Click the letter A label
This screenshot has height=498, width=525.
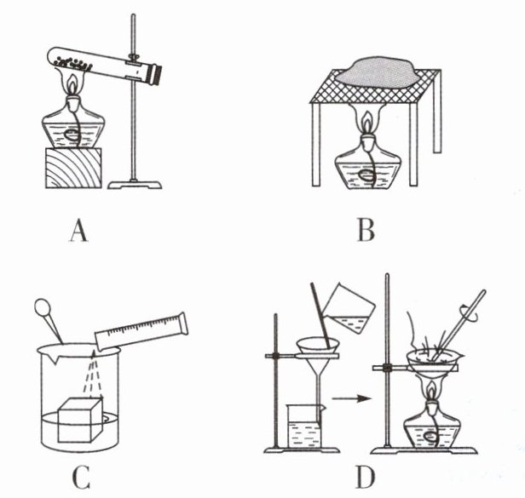tap(78, 231)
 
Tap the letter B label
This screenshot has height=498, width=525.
tap(366, 231)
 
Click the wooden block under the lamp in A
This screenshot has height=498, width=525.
tap(73, 169)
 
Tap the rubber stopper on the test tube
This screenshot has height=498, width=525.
tap(156, 75)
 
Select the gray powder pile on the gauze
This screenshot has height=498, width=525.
tap(376, 72)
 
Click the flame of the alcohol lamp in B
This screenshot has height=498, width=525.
tap(367, 122)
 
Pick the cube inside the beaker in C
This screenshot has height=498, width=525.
tap(80, 420)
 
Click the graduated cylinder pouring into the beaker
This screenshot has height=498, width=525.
tap(141, 332)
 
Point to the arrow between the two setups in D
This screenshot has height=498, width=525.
tap(352, 398)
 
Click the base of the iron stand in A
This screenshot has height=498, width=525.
tap(135, 185)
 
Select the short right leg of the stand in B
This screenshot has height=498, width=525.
tap(437, 112)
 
